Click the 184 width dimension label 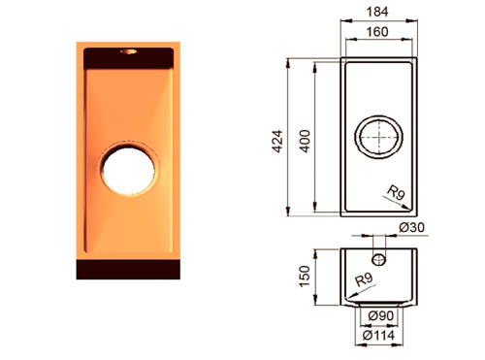[377, 12]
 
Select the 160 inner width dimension [377, 32]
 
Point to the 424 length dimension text [277, 142]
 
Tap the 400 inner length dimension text [305, 142]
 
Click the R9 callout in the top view [397, 192]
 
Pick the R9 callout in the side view [365, 279]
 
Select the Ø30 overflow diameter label [412, 227]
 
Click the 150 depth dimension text [305, 277]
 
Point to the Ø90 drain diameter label [381, 315]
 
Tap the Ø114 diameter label [379, 335]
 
